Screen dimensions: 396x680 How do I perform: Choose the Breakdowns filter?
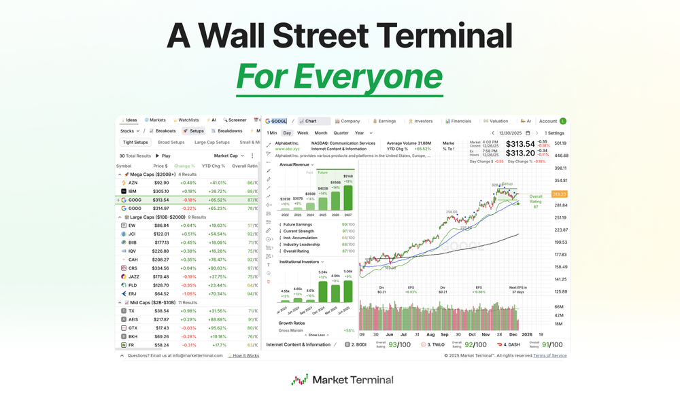[x=229, y=131]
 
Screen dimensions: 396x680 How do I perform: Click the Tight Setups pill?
[x=135, y=143]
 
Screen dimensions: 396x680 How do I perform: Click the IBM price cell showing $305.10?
[x=161, y=192]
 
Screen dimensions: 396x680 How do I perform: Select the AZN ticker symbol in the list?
[x=133, y=183]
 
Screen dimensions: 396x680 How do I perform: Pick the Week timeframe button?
[x=303, y=133]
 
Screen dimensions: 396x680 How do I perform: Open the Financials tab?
[x=460, y=121]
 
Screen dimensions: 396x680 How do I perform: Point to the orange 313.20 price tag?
[x=559, y=194]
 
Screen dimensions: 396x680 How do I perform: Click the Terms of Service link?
[x=549, y=355]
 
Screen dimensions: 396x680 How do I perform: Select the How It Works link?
[x=245, y=355]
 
